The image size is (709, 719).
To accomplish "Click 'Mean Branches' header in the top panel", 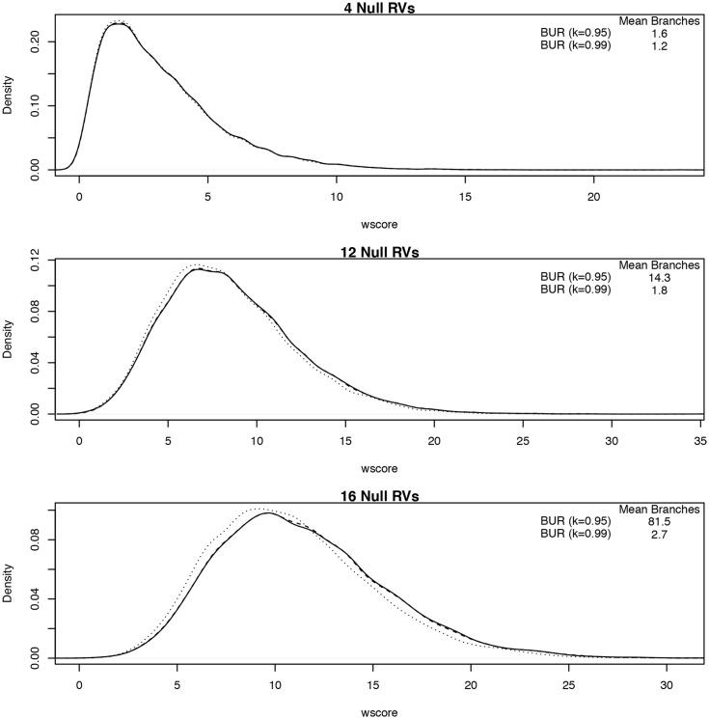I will tap(661, 19).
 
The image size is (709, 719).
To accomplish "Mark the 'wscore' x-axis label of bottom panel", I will tap(380, 713).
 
